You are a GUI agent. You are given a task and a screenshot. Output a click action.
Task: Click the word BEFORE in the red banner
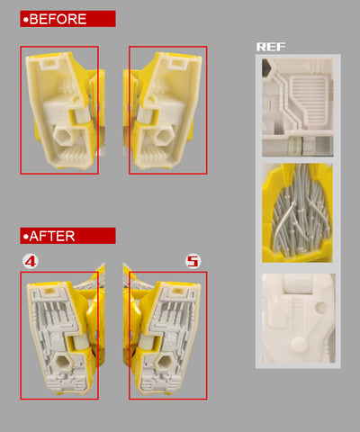coord(58,19)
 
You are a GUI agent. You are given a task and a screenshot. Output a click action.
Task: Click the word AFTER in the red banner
coord(52,236)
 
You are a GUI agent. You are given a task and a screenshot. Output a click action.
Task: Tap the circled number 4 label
coord(31,261)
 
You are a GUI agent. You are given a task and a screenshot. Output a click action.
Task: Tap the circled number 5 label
coord(193,261)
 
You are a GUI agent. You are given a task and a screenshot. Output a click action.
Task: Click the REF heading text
coord(271,47)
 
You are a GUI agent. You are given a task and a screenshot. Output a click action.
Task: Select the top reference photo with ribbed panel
coord(298,107)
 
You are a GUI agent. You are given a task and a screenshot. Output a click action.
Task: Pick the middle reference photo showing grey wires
coord(297,213)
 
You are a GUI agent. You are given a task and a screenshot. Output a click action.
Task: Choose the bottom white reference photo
coord(299,318)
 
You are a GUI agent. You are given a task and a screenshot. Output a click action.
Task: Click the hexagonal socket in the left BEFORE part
coord(64,136)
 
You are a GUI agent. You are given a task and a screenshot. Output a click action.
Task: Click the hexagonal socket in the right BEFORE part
coord(163,137)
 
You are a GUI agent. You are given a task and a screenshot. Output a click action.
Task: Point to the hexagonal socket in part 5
coord(165,363)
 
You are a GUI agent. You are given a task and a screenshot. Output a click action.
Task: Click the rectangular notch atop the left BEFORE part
coord(50,64)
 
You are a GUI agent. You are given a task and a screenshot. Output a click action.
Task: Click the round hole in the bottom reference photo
coord(321,307)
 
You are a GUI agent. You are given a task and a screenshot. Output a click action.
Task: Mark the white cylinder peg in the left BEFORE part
coord(82,115)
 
